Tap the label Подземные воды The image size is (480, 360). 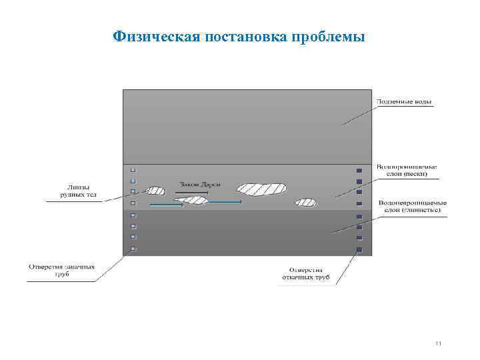point(404,102)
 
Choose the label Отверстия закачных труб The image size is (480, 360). point(61,271)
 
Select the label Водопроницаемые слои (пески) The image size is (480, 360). point(406,170)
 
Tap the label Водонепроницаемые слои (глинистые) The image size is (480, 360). point(412,206)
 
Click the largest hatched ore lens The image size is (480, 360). point(261,189)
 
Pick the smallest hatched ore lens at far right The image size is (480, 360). point(306,202)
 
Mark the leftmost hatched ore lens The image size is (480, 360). point(155,191)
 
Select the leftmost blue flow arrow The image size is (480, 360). point(167,205)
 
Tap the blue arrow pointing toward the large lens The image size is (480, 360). point(223,201)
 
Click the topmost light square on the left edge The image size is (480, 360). point(133,170)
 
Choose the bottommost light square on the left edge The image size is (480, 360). point(133,249)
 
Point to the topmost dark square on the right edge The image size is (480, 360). point(359,171)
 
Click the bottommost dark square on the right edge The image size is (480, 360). point(359,249)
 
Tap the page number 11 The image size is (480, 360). point(438,344)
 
